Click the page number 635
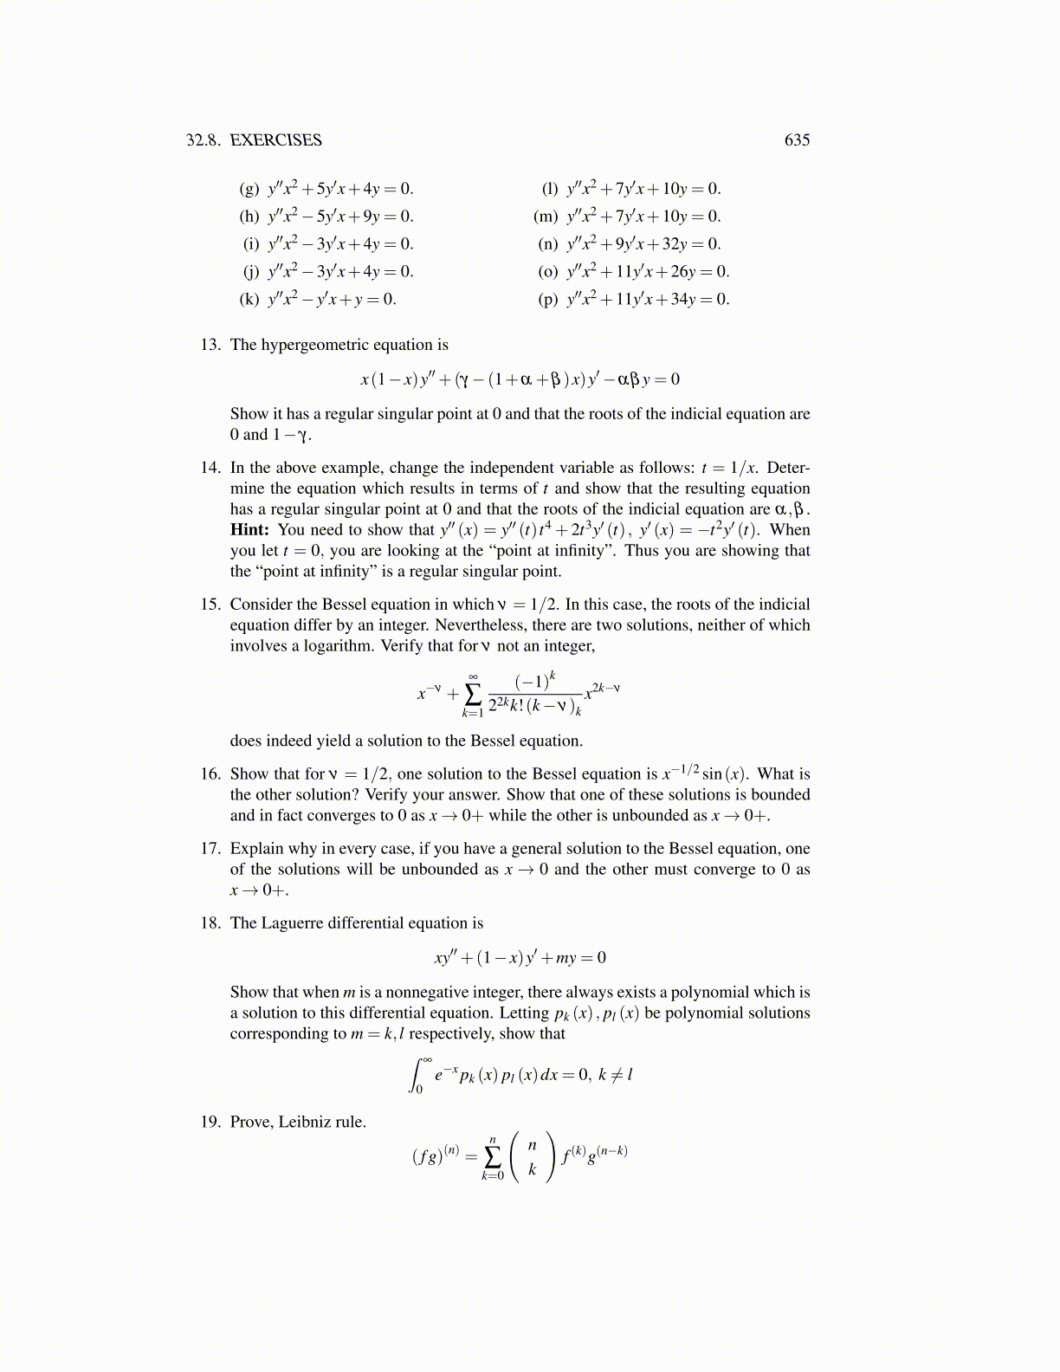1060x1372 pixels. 797,140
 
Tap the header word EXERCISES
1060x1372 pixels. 275,140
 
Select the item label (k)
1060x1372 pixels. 249,300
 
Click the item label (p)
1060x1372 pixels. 548,300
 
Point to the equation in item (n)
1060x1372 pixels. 643,244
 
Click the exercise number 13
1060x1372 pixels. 210,345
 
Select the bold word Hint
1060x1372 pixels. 248,530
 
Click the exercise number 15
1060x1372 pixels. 210,605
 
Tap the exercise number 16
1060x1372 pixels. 210,774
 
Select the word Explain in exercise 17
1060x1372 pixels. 257,849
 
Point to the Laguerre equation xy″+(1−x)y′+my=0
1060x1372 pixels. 520,958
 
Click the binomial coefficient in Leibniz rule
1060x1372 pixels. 532,1157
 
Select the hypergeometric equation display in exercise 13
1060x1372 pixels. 520,379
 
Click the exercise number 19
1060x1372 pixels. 210,1123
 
